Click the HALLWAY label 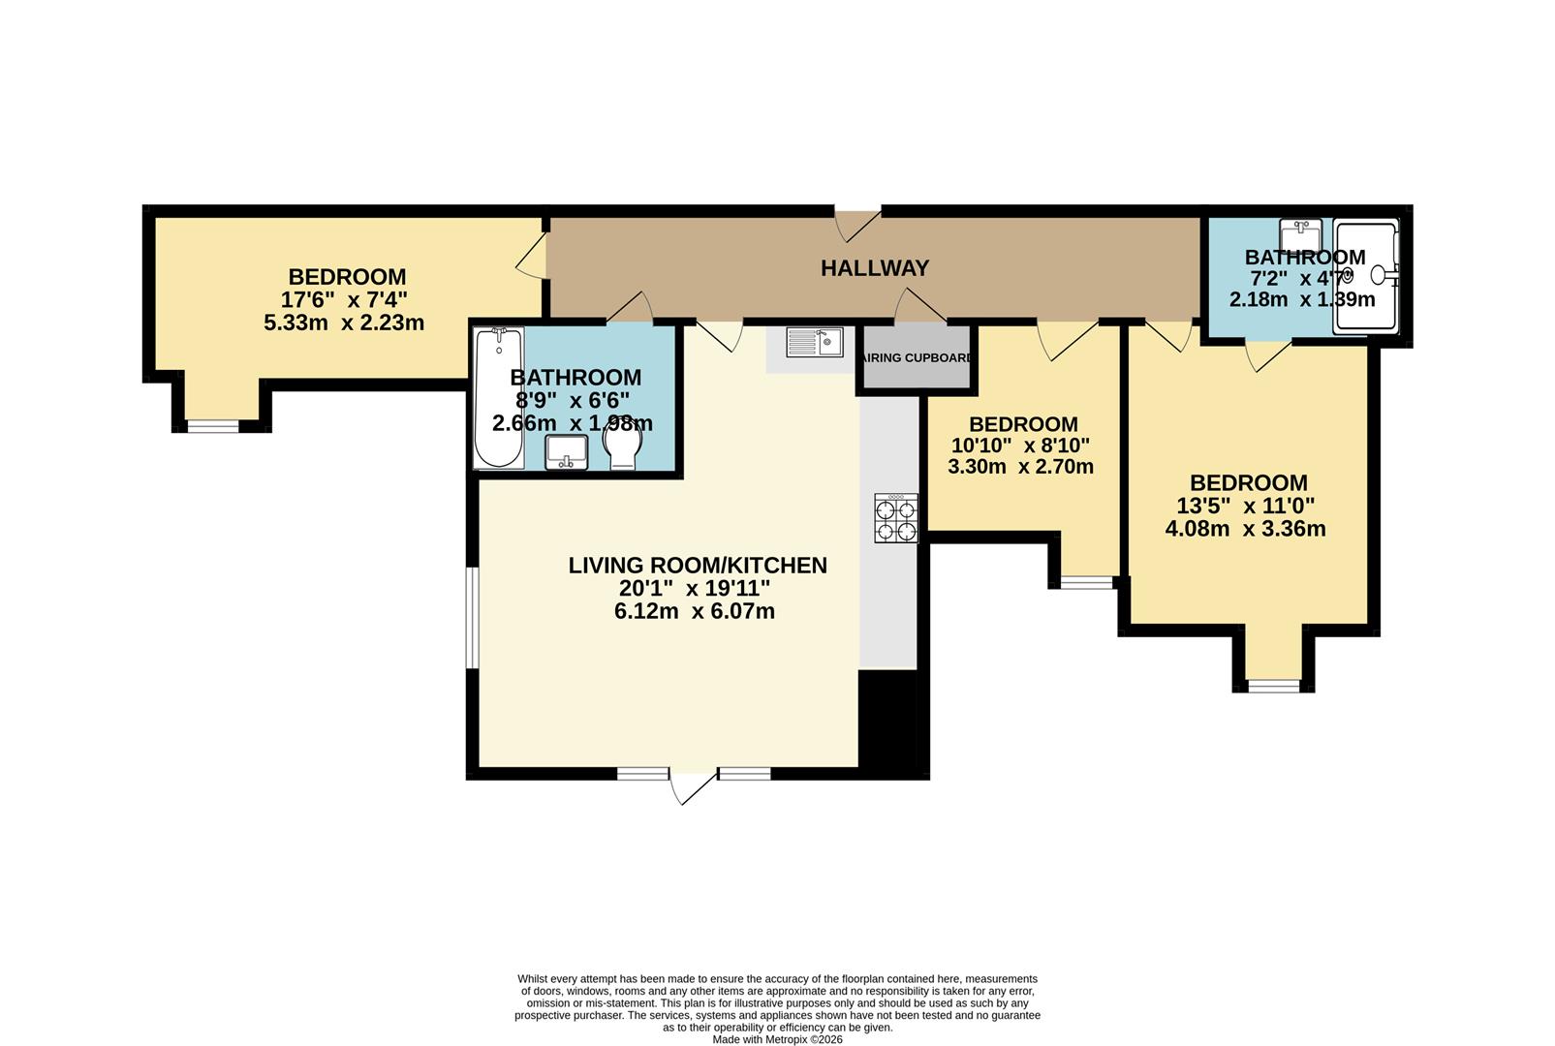[x=874, y=268]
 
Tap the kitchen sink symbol [x=814, y=342]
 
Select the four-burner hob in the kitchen [x=896, y=517]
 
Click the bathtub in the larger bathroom [x=499, y=397]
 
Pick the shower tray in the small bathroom [x=1366, y=277]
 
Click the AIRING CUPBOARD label [x=916, y=358]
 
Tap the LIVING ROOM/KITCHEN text [x=698, y=566]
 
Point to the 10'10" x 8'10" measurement [x=1020, y=446]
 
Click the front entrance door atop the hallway [x=858, y=225]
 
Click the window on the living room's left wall [x=472, y=618]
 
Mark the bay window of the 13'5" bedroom [x=1273, y=686]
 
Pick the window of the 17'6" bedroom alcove [x=212, y=426]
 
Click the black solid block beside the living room [x=893, y=722]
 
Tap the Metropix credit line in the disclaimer [x=777, y=1039]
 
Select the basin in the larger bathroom [x=567, y=451]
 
